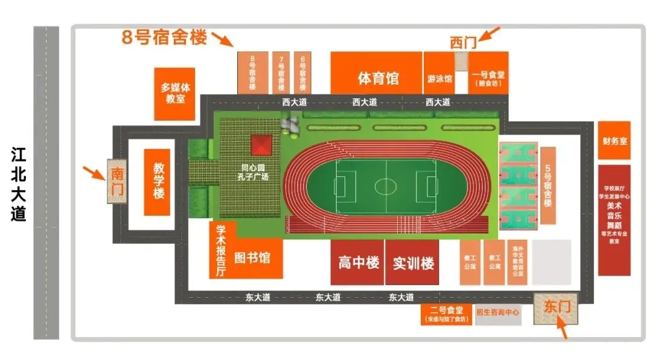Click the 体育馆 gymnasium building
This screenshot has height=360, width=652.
(376, 73)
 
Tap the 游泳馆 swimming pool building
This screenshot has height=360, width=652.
(439, 73)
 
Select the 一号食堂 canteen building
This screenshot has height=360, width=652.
(488, 73)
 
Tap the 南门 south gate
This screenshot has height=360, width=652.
(117, 181)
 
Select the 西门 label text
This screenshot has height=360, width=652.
(464, 42)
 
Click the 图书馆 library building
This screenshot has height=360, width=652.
(252, 258)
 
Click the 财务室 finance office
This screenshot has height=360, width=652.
(614, 141)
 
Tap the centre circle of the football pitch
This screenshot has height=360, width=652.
(385, 185)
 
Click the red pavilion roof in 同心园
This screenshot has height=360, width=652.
(261, 146)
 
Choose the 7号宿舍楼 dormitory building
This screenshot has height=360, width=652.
(281, 72)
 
